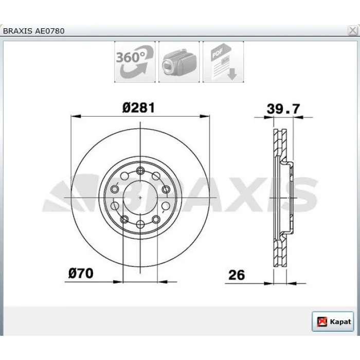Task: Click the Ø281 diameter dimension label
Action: pyautogui.click(x=139, y=107)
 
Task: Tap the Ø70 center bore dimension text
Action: pyautogui.click(x=81, y=273)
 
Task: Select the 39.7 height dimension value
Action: pyautogui.click(x=283, y=109)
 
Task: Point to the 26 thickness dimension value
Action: pyautogui.click(x=237, y=275)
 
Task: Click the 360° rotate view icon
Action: pyautogui.click(x=135, y=62)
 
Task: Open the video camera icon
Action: pyautogui.click(x=179, y=62)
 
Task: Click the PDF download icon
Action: pyautogui.click(x=223, y=62)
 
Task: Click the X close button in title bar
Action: pyautogui.click(x=352, y=30)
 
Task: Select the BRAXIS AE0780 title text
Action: pyautogui.click(x=34, y=31)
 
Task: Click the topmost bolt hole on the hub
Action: pyautogui.click(x=140, y=171)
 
